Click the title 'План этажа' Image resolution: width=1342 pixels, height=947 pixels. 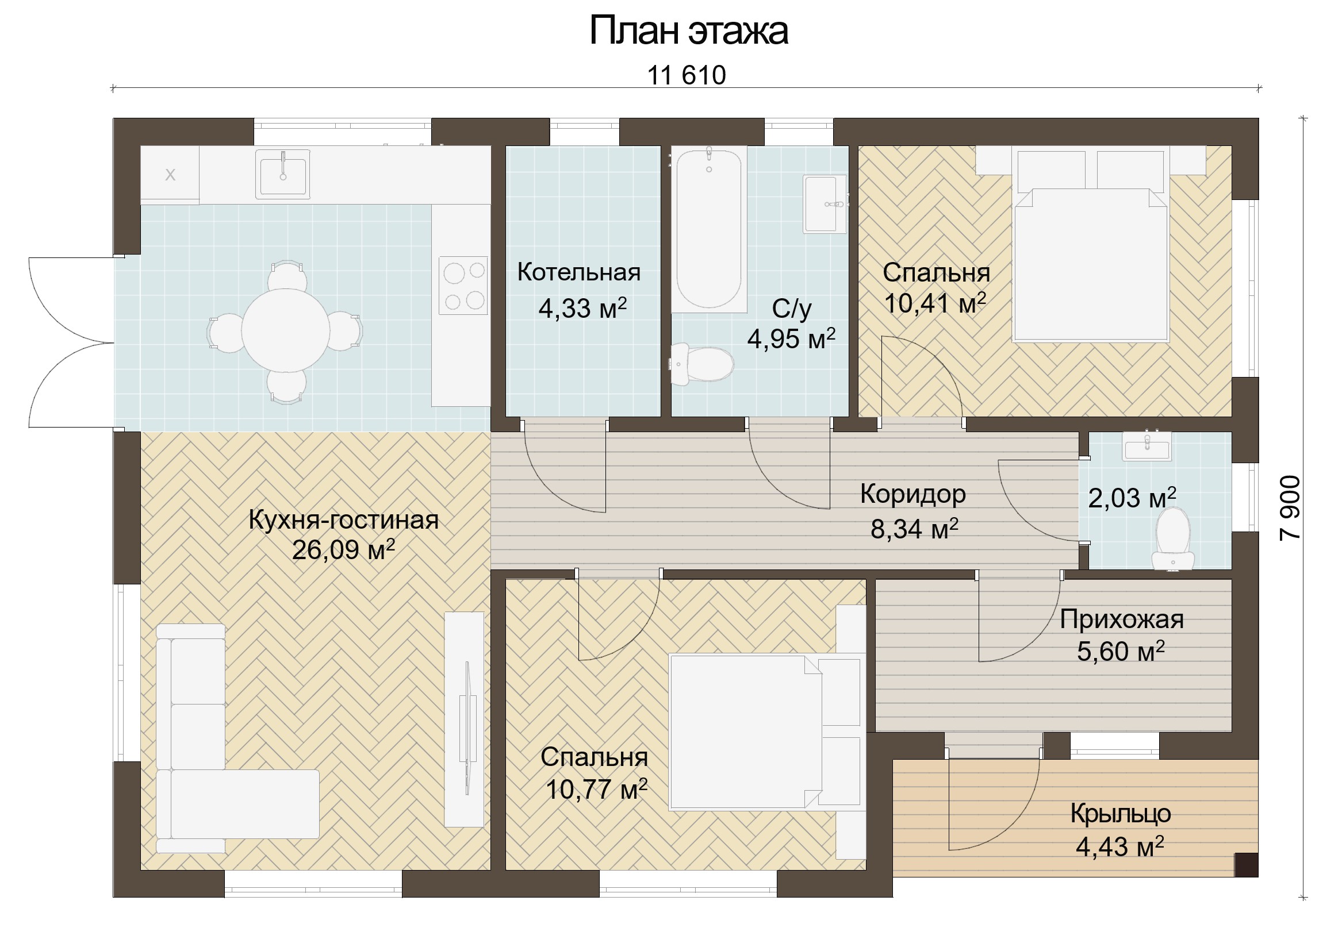688,30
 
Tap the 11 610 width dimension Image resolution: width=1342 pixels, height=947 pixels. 686,75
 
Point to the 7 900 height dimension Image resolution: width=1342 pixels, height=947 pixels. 1290,507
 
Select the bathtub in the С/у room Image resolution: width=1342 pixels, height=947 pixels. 709,229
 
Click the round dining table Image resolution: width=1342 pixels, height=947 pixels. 285,330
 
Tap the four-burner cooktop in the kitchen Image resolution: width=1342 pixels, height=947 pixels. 463,286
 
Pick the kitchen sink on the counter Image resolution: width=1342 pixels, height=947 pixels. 282,174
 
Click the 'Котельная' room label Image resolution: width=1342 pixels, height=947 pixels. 578,272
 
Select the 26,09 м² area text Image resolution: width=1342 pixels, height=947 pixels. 343,550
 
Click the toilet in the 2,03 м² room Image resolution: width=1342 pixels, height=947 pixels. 1173,537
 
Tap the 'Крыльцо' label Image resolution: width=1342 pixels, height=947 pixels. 1121,814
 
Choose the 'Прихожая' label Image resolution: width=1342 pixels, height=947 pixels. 1122,620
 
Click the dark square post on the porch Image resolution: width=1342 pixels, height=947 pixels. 1246,865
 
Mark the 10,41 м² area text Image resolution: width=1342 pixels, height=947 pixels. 935,303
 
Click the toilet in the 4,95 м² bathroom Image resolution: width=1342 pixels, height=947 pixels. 701,364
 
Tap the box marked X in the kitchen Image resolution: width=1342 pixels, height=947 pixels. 170,175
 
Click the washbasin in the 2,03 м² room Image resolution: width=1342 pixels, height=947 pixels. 1147,446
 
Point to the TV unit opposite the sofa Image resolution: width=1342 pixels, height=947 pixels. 464,719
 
